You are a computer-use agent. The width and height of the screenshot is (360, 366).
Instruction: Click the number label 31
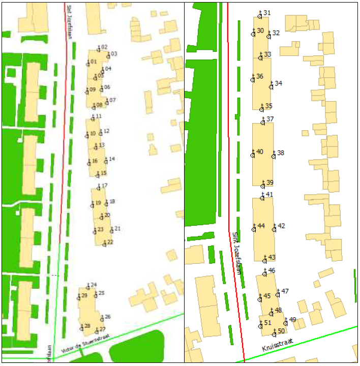point(267,13)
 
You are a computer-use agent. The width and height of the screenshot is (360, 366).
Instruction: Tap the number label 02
point(104,47)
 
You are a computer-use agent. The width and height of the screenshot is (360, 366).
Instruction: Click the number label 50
point(281,331)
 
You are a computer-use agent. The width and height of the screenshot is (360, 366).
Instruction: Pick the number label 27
point(102,329)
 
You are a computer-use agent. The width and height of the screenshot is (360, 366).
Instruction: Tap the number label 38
point(281,153)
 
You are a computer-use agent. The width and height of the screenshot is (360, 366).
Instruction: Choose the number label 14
point(112,159)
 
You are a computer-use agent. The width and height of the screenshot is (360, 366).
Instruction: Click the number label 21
point(117,229)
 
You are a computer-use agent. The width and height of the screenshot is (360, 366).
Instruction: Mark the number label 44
point(261,226)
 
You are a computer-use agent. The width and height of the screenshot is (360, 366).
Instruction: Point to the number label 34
point(279,83)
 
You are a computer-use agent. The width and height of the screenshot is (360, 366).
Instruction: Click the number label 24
point(94,285)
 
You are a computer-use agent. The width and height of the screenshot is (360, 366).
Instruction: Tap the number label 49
point(292,320)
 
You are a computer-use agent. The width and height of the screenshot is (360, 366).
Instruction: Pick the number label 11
point(99,116)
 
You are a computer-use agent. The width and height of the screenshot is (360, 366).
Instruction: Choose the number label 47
point(285,291)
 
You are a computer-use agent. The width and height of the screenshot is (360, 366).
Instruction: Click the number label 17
point(104,186)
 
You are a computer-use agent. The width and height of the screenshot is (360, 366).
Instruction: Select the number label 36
point(260,76)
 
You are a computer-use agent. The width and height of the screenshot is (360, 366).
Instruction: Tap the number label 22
point(110,242)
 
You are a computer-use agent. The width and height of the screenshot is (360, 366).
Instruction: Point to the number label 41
point(269,195)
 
